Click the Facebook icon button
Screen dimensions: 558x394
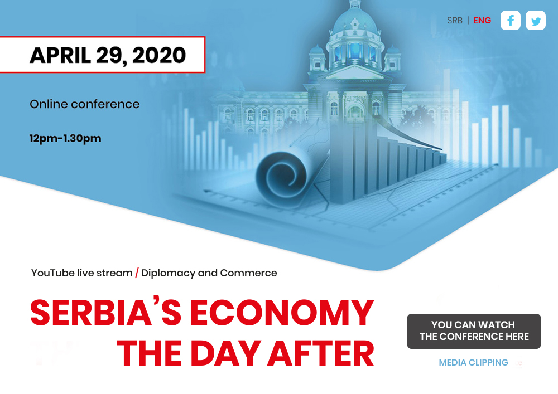tap(511, 20)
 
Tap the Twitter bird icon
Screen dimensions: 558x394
tap(536, 21)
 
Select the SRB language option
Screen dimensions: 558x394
tap(455, 21)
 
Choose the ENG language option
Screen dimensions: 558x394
tap(482, 21)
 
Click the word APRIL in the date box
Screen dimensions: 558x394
tap(60, 55)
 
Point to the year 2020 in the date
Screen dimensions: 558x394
tap(159, 55)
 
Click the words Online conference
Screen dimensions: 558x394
tap(85, 104)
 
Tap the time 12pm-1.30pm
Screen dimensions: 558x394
tap(65, 138)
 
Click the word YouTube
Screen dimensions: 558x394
tap(53, 273)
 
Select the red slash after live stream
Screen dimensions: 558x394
tap(137, 273)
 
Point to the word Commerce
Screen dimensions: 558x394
tap(248, 273)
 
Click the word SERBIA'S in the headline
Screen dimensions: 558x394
tap(106, 312)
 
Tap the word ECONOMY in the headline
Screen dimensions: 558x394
tap(282, 313)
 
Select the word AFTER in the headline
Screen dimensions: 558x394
tap(321, 353)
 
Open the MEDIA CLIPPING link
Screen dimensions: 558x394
tap(473, 362)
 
